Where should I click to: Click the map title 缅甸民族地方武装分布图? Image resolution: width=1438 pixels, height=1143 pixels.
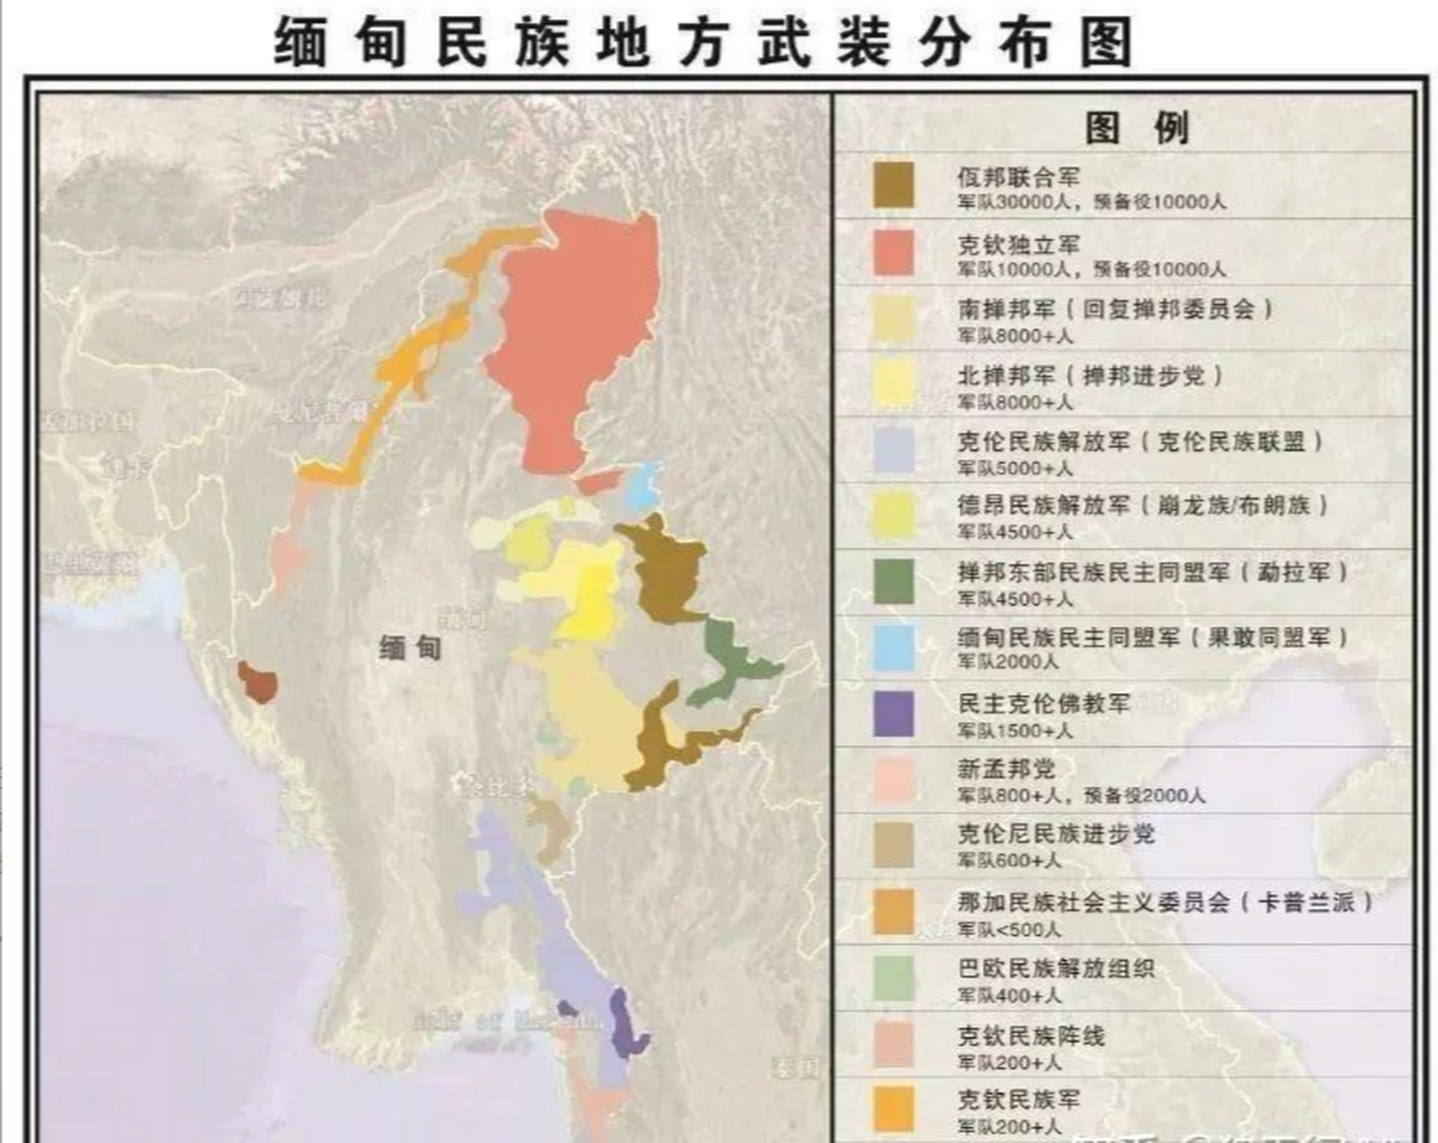point(702,42)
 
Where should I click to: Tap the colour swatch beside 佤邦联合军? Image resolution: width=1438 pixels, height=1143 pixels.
point(893,185)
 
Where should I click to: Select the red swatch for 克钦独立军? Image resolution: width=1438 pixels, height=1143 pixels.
point(893,252)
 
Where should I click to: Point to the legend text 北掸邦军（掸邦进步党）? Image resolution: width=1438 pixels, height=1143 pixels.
point(1089,375)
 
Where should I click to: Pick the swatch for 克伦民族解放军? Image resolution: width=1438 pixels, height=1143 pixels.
point(893,449)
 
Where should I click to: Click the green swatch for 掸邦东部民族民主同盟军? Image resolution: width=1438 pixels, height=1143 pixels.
point(893,581)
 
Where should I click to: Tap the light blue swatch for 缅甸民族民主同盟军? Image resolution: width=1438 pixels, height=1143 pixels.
point(893,647)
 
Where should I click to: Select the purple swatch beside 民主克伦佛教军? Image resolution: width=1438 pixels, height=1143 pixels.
point(893,713)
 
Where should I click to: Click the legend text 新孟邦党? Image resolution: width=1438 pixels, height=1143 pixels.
point(1006,769)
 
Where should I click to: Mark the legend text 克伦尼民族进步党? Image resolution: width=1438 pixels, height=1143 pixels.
point(1056,834)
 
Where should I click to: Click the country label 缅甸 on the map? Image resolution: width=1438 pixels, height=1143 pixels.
point(410,647)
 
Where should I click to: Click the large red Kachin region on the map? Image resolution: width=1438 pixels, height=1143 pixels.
point(572,339)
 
